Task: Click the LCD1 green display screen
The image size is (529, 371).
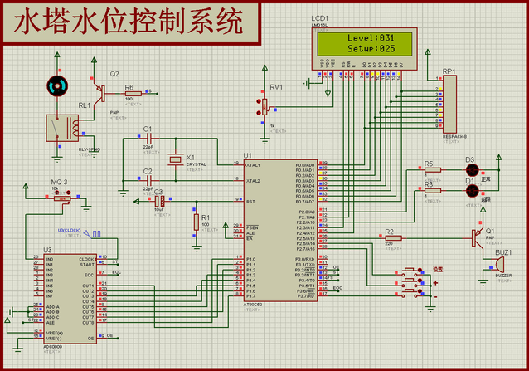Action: (x=370, y=43)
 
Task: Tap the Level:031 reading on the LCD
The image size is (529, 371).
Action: (x=371, y=37)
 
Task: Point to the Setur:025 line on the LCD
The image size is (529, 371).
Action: (x=371, y=49)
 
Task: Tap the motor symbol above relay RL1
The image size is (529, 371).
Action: (x=56, y=85)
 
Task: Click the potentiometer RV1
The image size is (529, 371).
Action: (x=265, y=105)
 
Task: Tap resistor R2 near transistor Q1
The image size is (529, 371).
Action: (x=393, y=237)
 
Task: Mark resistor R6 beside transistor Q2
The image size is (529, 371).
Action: (x=130, y=93)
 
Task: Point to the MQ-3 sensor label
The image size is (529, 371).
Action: (x=59, y=181)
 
